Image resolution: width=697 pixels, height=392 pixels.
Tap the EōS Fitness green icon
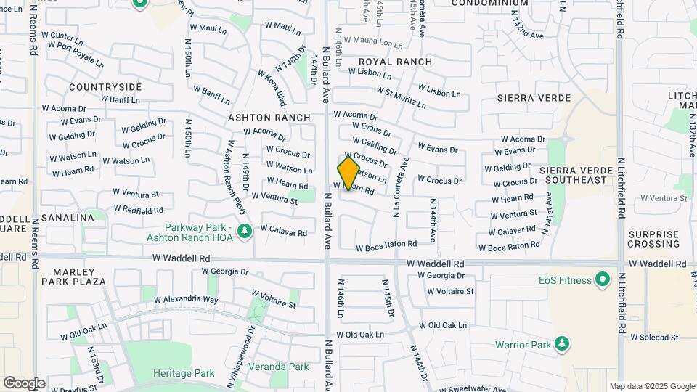pos(602,279)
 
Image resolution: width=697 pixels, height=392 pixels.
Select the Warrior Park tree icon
pos(562,343)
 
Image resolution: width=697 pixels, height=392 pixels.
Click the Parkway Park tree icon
pos(246,231)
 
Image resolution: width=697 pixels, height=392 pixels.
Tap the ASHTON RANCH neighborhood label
pos(269,117)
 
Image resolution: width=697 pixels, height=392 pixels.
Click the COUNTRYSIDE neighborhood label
pos(105,87)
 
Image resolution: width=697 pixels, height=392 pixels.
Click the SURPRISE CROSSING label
pos(653,239)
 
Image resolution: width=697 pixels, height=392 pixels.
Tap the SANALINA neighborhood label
pos(68,217)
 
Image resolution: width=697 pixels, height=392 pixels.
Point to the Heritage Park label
pos(184,373)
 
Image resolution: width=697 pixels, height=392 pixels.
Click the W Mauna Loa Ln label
pos(372,41)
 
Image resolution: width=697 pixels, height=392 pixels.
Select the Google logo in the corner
pos(24,383)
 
